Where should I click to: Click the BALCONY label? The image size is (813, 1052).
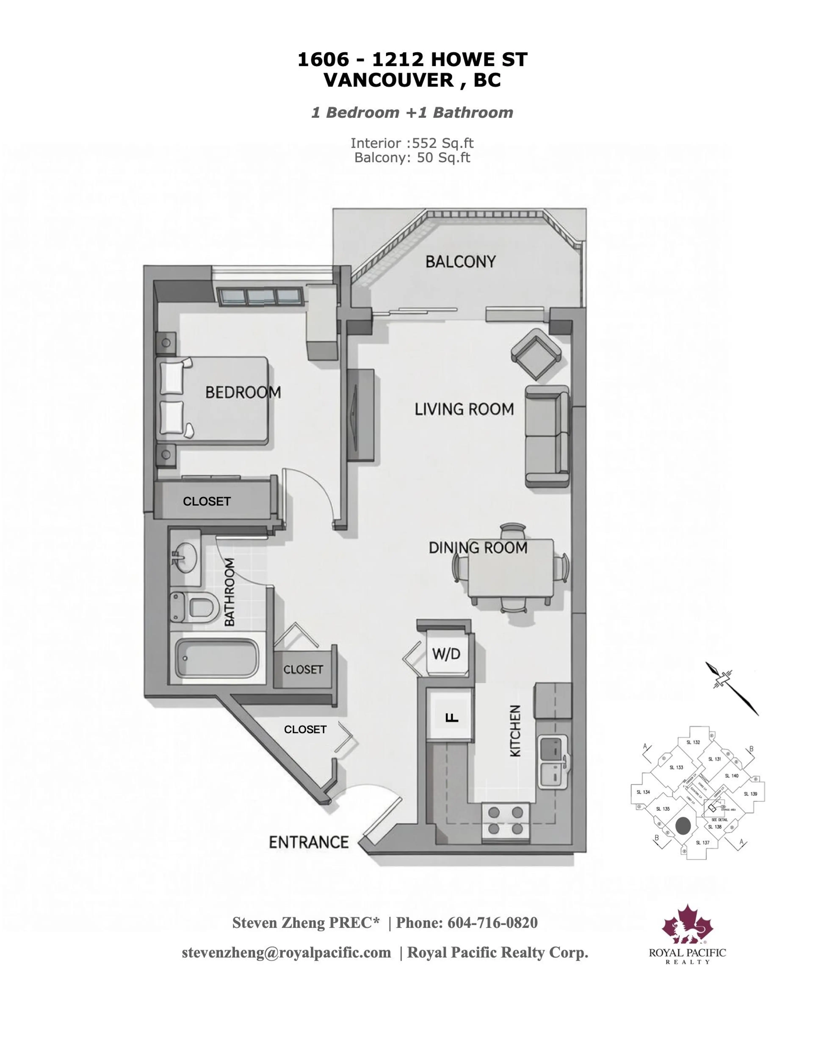click(x=460, y=261)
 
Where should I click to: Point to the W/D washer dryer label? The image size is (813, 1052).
click(x=446, y=654)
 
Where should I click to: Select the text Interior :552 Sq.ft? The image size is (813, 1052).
click(x=412, y=143)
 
